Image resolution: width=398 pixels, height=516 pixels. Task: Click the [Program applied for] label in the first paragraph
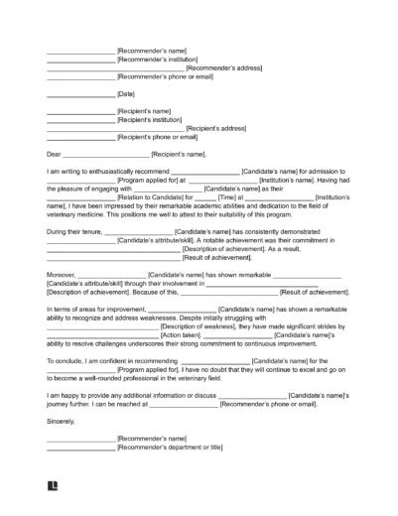(x=152, y=180)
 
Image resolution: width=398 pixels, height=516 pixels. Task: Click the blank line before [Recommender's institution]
(x=80, y=59)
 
